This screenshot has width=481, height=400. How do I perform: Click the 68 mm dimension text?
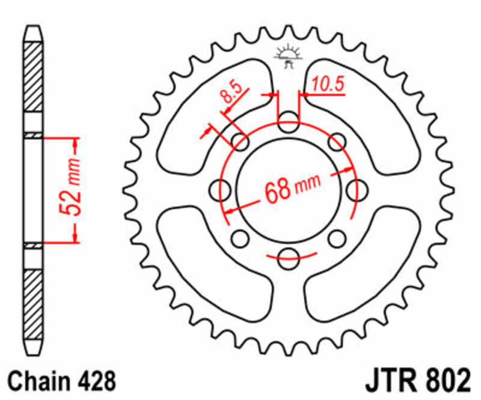(291, 190)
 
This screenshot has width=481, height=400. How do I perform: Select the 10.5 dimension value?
(328, 85)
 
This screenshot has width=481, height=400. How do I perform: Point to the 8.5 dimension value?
(231, 96)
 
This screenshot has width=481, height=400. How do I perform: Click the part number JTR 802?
(417, 380)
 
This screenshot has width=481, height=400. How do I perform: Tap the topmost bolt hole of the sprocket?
(289, 120)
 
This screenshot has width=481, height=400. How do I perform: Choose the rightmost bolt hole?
(357, 190)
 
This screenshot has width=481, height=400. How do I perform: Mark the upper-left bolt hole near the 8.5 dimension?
(240, 142)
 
